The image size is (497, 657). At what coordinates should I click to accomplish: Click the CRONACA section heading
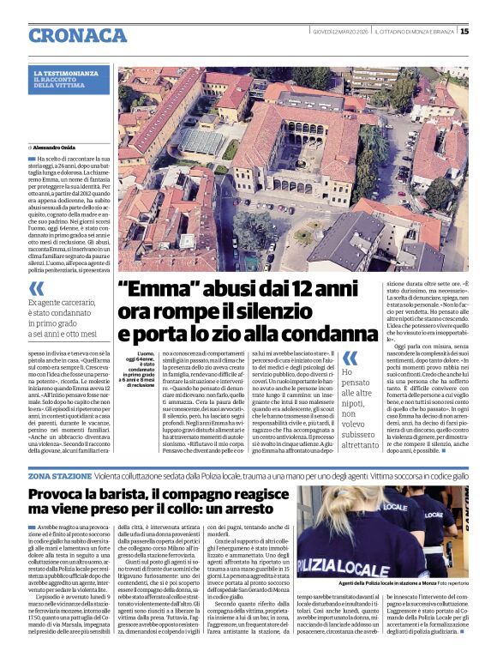click(77, 35)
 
